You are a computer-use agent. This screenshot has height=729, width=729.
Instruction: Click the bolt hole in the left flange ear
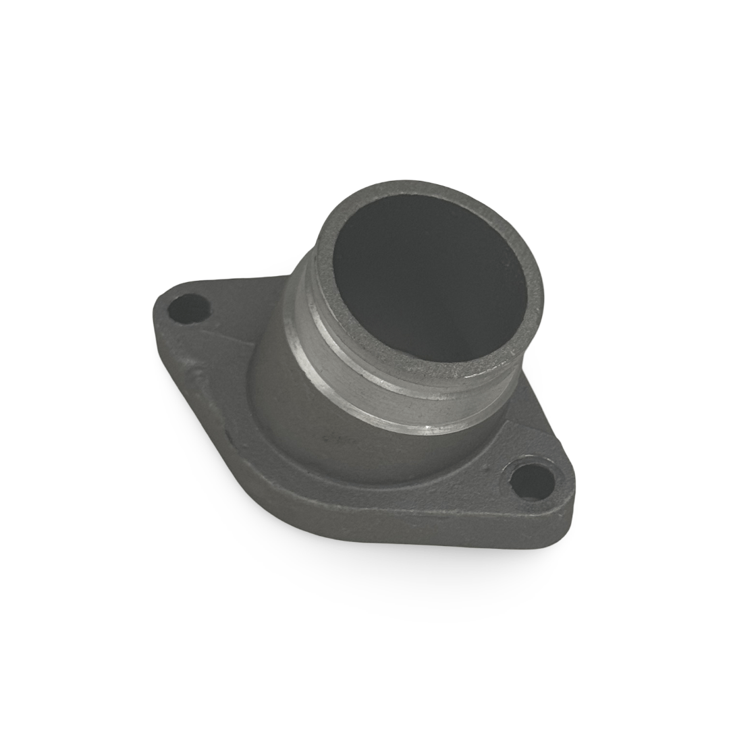tap(189, 308)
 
